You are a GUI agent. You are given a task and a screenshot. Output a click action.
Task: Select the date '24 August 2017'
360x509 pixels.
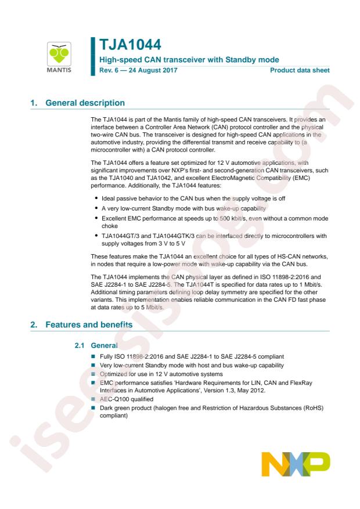(146, 70)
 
